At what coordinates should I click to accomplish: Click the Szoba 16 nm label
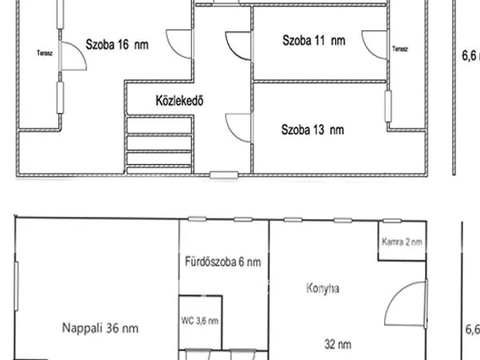[117, 46]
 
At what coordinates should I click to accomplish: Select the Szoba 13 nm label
[312, 129]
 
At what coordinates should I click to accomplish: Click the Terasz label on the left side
[44, 54]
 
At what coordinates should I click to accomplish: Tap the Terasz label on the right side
[400, 50]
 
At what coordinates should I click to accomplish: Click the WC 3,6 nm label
[200, 321]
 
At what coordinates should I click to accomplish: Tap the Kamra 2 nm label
[402, 242]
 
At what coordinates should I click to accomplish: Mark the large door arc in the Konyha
[406, 302]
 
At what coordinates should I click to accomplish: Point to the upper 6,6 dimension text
[471, 56]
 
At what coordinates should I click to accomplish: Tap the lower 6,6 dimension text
[472, 328]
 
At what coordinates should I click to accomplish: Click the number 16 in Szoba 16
[126, 46]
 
